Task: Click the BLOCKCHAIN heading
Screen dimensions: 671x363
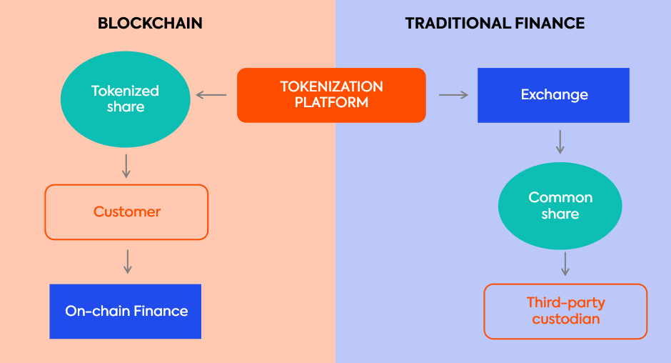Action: [150, 23]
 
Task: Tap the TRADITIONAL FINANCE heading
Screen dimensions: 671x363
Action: [495, 23]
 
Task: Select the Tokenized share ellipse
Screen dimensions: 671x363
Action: [126, 99]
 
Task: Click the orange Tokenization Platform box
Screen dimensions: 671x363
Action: [331, 95]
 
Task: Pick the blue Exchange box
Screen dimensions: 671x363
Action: [553, 95]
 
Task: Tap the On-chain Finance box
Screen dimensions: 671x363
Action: [126, 312]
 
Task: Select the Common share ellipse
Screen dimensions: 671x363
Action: [560, 206]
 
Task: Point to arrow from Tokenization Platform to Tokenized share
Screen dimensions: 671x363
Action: [211, 95]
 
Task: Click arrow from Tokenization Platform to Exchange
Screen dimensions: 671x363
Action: [453, 95]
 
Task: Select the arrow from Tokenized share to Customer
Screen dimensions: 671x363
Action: [126, 166]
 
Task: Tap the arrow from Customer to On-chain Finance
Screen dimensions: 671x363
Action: [128, 262]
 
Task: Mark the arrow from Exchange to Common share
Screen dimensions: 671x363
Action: [560, 141]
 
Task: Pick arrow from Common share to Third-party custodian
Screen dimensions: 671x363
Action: [565, 264]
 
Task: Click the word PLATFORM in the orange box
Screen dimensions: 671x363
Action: [331, 102]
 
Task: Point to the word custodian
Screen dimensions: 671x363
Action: [566, 319]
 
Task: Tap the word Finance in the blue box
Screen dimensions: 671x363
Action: [161, 311]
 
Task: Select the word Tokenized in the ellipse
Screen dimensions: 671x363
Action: [125, 91]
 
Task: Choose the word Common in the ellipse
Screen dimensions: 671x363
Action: [560, 197]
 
